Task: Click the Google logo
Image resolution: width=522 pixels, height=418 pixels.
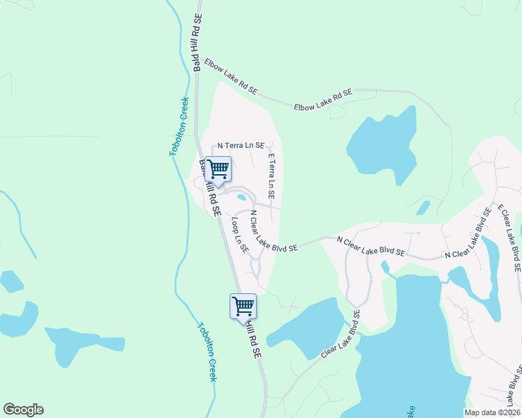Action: pos(23,410)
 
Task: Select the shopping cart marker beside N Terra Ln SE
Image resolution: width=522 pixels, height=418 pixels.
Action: pos(218,169)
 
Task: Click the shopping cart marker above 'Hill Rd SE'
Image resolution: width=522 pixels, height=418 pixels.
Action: pos(243,306)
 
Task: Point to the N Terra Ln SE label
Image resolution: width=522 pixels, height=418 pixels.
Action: pos(241,146)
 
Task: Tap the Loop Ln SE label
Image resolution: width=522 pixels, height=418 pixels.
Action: pos(240,235)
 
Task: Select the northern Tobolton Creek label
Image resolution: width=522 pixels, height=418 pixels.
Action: pos(179,125)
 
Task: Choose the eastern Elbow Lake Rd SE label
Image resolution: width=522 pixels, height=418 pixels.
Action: pos(322,100)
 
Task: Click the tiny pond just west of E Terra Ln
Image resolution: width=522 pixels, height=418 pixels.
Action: pos(242,197)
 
